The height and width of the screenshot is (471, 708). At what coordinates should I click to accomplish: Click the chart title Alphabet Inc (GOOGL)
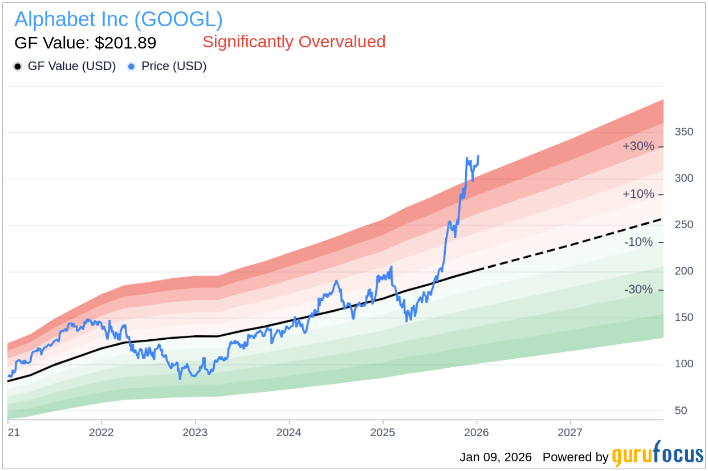(118, 19)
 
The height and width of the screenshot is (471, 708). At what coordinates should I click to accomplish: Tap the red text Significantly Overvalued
(294, 42)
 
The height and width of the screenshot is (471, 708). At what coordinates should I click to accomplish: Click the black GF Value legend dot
(18, 66)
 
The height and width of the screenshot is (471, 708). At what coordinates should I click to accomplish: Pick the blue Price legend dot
(131, 66)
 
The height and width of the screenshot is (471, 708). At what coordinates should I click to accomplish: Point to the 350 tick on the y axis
(684, 132)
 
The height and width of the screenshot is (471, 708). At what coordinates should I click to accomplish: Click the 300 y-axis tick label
(684, 178)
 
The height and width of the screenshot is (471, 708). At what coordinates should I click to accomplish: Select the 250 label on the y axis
(684, 225)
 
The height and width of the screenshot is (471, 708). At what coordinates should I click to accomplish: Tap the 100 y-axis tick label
(684, 364)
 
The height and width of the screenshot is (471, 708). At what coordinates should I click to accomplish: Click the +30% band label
(638, 146)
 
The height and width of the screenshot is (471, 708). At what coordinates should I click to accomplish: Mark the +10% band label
(638, 194)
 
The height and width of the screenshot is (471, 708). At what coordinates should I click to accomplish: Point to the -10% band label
(638, 242)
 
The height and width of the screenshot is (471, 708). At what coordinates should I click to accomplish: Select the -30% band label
(638, 290)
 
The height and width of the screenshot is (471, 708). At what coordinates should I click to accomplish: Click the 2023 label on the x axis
(195, 432)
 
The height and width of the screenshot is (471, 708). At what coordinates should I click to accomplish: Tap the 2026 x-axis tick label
(477, 432)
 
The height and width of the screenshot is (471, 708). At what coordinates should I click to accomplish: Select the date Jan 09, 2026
(495, 457)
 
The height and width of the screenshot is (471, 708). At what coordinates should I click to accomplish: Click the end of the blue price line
(478, 156)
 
